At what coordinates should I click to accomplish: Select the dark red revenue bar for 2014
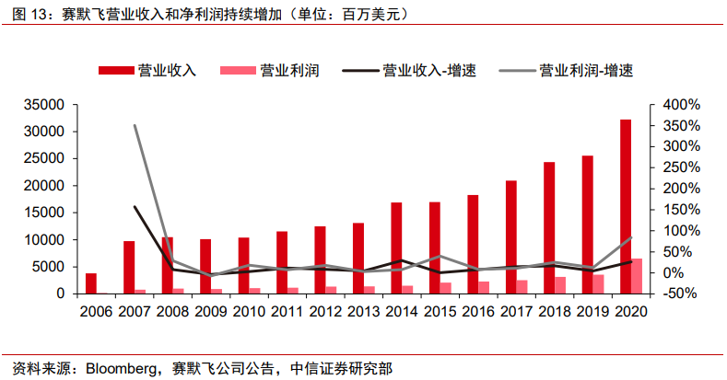click(x=396, y=248)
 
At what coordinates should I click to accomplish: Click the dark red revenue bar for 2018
click(x=549, y=227)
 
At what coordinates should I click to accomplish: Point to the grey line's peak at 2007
click(x=135, y=125)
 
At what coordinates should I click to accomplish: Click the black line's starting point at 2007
click(x=135, y=207)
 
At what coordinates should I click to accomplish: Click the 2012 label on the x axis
click(x=325, y=311)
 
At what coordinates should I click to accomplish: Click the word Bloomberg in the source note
click(x=121, y=368)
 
